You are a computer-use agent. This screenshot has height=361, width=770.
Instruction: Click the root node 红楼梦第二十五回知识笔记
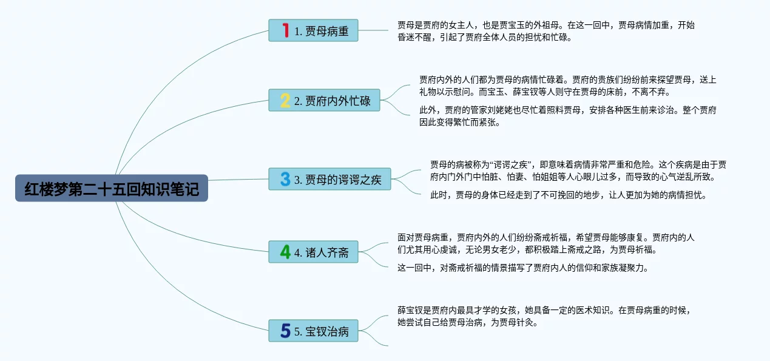pos(112,188)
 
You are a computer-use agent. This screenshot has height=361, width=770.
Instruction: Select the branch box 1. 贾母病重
pos(313,30)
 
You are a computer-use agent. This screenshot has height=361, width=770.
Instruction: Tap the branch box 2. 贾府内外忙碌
pos(324,100)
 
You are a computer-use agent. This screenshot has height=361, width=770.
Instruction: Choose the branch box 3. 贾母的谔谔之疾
pos(329,179)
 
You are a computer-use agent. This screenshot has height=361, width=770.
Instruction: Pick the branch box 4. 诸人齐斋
pos(313,252)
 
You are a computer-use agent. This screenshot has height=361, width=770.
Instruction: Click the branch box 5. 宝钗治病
pos(313,331)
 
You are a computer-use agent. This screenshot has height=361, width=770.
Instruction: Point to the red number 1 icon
pos(285,30)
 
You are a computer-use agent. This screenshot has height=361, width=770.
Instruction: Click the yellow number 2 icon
pos(285,100)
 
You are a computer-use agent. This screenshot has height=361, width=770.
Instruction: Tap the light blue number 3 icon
pos(285,179)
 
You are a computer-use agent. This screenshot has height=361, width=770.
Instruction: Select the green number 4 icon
pos(285,252)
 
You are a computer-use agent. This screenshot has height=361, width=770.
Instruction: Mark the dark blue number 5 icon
pos(285,331)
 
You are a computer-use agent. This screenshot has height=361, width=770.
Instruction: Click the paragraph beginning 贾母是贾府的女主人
pos(546,31)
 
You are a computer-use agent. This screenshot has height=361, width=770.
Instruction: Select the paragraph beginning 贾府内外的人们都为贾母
pos(567,86)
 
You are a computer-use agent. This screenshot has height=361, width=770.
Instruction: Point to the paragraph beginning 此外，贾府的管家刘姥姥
pos(567,116)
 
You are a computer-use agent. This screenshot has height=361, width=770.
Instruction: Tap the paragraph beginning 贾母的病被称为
pos(578,170)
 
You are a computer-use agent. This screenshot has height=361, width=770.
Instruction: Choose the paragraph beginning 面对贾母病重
pos(546,243)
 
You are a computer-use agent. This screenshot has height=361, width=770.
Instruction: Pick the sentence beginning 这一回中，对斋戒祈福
pos(523,268)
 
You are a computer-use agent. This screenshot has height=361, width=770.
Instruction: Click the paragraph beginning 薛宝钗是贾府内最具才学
pos(544,316)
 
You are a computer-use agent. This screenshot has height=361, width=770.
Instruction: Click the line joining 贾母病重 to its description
pos(373,30)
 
